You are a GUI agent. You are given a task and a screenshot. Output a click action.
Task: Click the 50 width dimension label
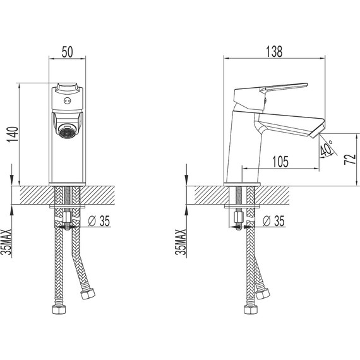pyautogui.click(x=68, y=52)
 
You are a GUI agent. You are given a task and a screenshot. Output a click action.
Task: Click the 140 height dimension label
pyautogui.click(x=13, y=135)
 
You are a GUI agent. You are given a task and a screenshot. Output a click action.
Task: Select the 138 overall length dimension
pyautogui.click(x=274, y=52)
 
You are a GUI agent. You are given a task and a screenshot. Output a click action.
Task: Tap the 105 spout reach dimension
pyautogui.click(x=280, y=162)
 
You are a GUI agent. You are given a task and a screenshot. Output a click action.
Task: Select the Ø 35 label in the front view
pyautogui.click(x=99, y=221)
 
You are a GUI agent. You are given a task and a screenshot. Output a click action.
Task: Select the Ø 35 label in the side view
pyautogui.click(x=273, y=221)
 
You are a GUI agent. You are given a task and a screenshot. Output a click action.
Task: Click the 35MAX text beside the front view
pyautogui.click(x=6, y=242)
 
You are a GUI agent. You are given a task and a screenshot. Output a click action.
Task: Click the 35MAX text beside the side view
pyautogui.click(x=181, y=242)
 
